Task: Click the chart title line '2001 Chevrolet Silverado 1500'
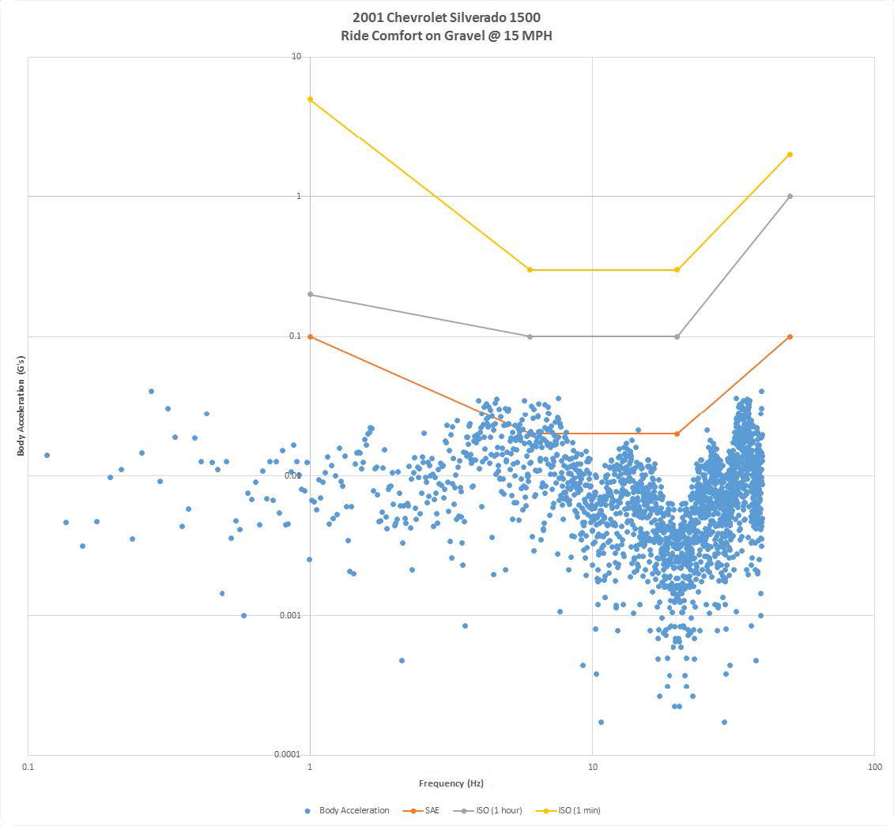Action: [447, 18]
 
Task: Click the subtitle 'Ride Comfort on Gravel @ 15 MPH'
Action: [447, 36]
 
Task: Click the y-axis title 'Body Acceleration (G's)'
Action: [21, 405]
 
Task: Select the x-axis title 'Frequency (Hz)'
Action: [451, 783]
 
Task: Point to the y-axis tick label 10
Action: [296, 57]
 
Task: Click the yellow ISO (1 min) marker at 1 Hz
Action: [310, 99]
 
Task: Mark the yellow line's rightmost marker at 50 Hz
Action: [790, 155]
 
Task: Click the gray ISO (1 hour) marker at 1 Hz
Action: [310, 295]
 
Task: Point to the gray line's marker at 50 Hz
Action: [790, 196]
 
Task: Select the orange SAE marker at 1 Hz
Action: [310, 336]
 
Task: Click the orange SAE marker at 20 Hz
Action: [677, 434]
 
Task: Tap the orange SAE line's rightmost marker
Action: [790, 336]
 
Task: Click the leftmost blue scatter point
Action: [47, 455]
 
